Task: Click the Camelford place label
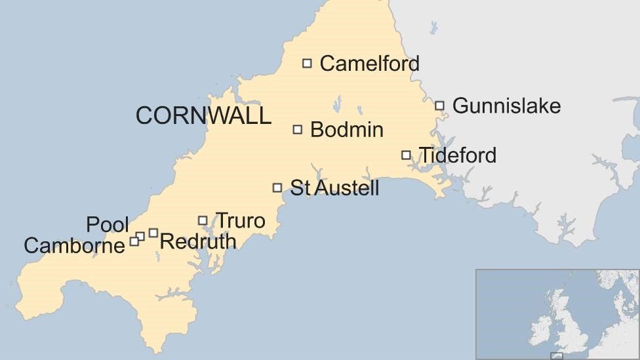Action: click(x=369, y=64)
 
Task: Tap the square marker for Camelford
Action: click(x=307, y=64)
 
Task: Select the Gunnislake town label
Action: click(x=506, y=106)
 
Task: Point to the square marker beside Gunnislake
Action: click(x=440, y=106)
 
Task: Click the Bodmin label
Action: click(x=346, y=130)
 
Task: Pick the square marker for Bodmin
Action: click(x=298, y=130)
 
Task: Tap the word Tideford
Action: click(x=457, y=155)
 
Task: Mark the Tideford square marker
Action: click(x=406, y=155)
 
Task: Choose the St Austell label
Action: click(x=334, y=188)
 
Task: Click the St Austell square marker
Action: click(x=277, y=188)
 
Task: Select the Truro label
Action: click(x=240, y=221)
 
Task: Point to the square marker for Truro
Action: click(x=203, y=221)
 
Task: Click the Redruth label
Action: click(x=197, y=241)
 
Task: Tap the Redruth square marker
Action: click(x=153, y=233)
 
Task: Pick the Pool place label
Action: click(x=107, y=225)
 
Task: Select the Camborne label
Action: click(x=74, y=246)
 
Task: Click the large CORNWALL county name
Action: click(x=203, y=116)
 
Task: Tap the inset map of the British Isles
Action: click(x=557, y=314)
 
